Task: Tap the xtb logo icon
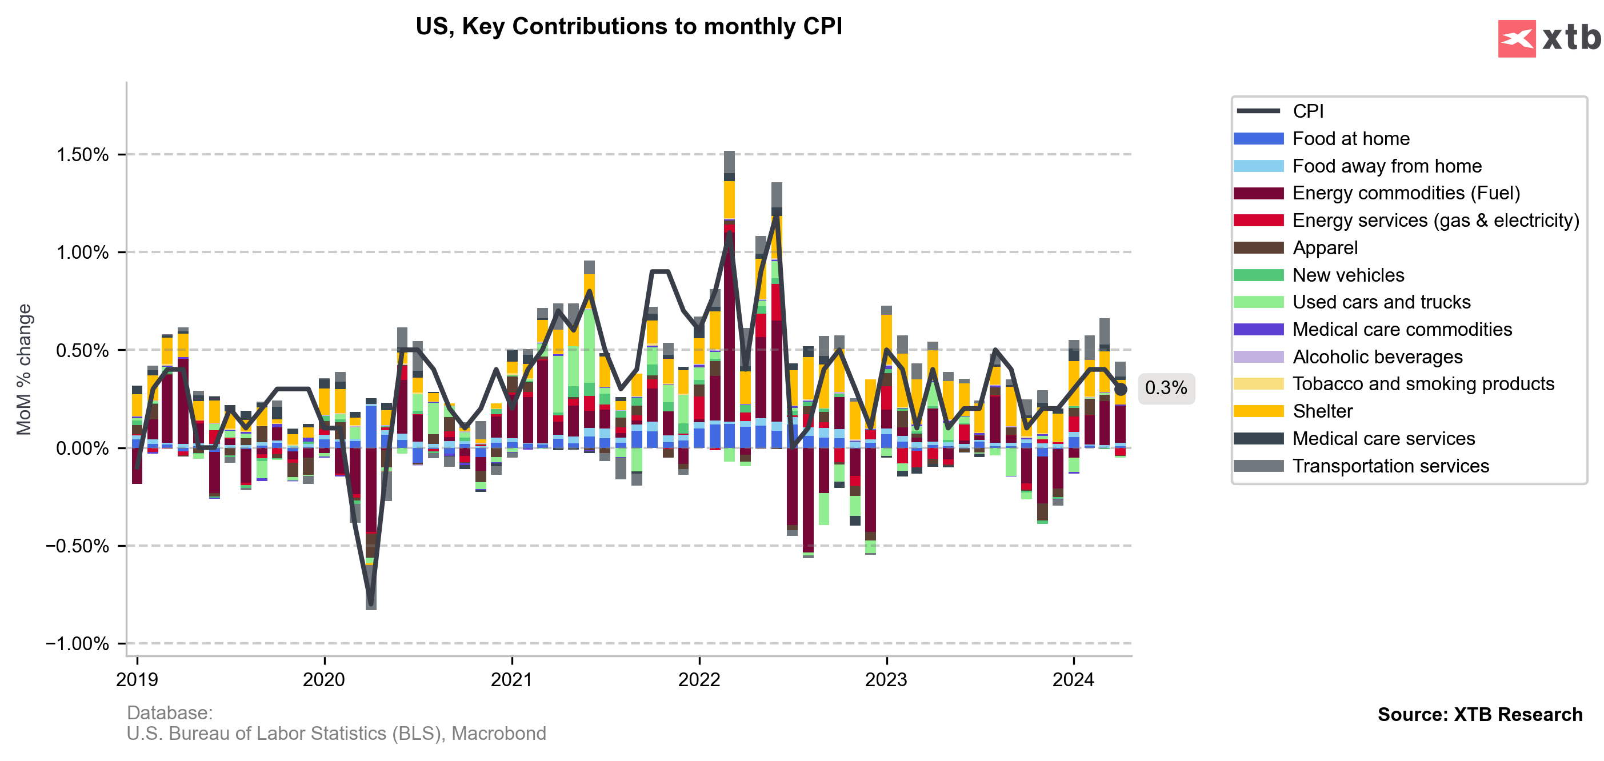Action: [x=1516, y=39]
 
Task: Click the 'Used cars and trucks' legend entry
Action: [x=1381, y=302]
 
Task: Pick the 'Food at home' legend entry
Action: [x=1351, y=138]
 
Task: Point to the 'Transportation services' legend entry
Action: [x=1390, y=466]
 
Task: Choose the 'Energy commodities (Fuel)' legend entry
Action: [x=1406, y=193]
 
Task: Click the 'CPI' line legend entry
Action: [x=1307, y=111]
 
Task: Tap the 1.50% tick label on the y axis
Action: [x=82, y=154]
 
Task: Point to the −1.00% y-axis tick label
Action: [x=77, y=643]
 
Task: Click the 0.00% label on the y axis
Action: [x=82, y=448]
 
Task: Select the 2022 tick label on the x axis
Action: [x=699, y=679]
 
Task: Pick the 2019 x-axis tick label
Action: [x=137, y=679]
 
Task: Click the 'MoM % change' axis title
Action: [x=23, y=369]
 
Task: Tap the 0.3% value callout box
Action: [x=1166, y=388]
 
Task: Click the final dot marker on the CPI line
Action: [x=1120, y=389]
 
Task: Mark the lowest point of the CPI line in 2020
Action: [x=371, y=603]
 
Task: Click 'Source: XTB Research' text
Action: [x=1479, y=714]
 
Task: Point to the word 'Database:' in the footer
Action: [x=169, y=712]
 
